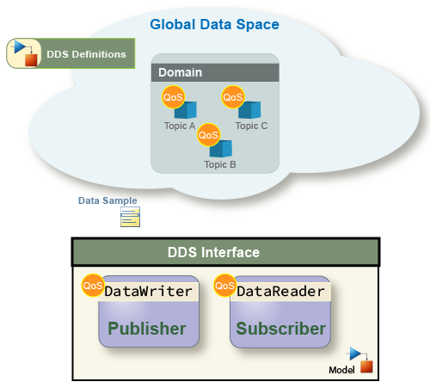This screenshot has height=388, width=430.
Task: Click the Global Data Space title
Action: [214, 25]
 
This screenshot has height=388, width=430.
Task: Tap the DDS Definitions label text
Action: [86, 54]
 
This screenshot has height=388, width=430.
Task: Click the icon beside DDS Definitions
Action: [24, 53]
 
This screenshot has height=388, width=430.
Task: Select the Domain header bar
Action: [215, 72]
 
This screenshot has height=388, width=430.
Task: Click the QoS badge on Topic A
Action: [173, 97]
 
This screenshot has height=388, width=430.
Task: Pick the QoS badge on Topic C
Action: [233, 97]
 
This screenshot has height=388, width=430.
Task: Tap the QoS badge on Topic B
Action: [208, 135]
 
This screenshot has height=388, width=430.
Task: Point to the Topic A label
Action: [180, 126]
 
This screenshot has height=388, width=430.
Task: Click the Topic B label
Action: [220, 164]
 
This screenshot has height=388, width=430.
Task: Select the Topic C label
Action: [251, 126]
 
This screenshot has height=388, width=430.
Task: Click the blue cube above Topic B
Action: [221, 149]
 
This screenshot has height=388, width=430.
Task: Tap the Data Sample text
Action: [107, 200]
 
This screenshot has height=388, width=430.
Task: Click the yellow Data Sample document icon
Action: [130, 217]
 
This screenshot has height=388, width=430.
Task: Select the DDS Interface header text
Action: [213, 252]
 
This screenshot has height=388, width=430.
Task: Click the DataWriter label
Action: [148, 292]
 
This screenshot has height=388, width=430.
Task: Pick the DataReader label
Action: [280, 292]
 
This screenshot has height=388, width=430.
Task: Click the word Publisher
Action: [147, 329]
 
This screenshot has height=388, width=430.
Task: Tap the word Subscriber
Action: [281, 329]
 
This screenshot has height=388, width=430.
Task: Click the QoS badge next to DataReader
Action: [225, 286]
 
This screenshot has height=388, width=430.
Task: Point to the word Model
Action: [341, 370]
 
